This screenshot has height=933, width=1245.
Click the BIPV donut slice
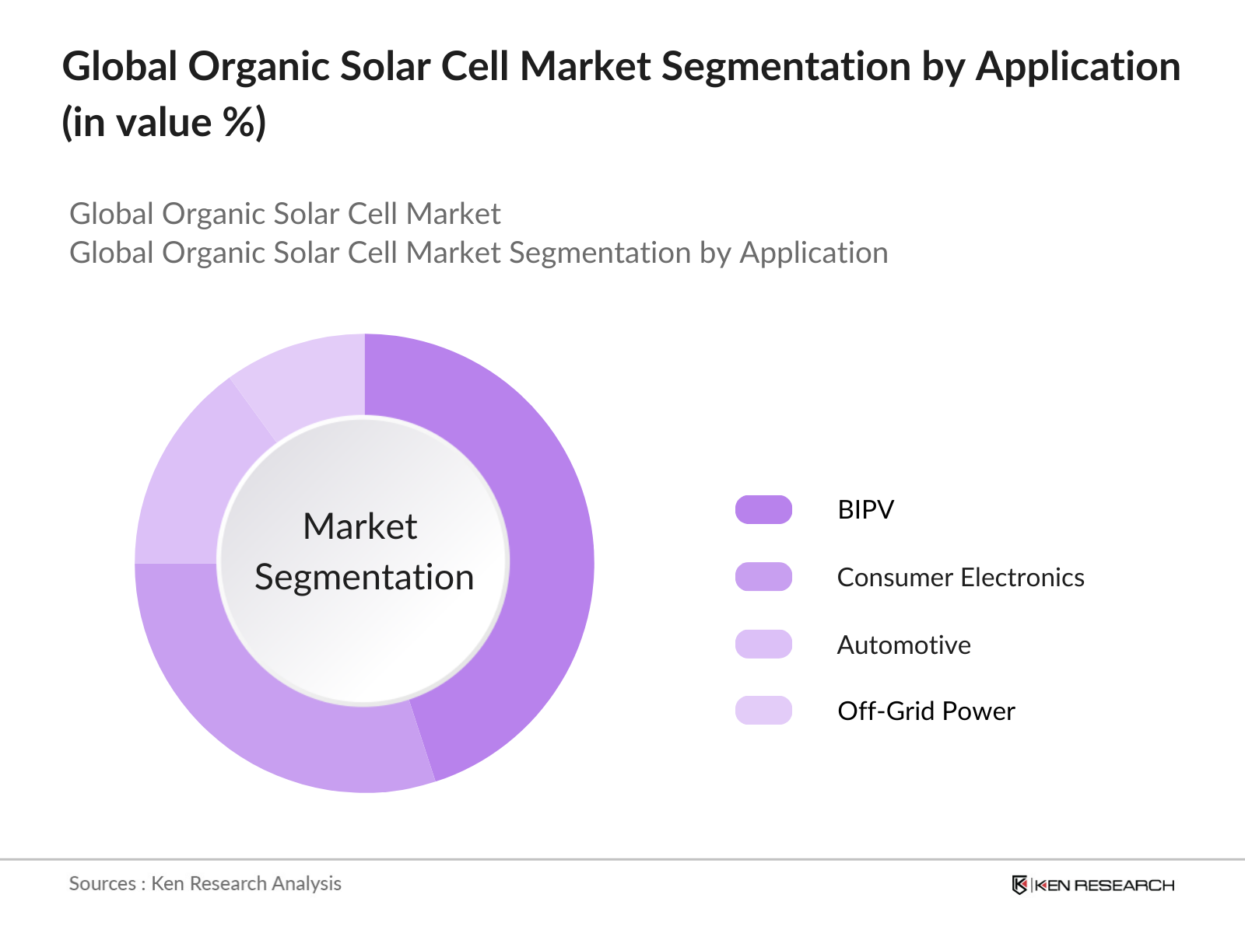545,544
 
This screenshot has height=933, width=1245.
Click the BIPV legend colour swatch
763,510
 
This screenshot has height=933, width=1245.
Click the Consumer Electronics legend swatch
763,577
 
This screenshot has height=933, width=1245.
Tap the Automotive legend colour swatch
763,645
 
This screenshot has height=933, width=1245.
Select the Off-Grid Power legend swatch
763,711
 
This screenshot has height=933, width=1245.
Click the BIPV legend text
865,510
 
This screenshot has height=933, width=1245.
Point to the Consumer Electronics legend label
960,578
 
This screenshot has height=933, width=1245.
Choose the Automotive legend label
903,645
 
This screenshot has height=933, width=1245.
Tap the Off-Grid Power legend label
926,711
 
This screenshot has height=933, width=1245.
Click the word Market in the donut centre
360,527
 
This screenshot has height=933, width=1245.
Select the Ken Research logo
1093,885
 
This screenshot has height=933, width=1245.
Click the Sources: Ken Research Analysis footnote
205,884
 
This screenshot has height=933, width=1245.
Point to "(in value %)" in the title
163,123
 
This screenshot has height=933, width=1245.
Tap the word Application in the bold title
1078,67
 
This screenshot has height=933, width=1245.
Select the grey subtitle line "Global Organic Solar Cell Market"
285,214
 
